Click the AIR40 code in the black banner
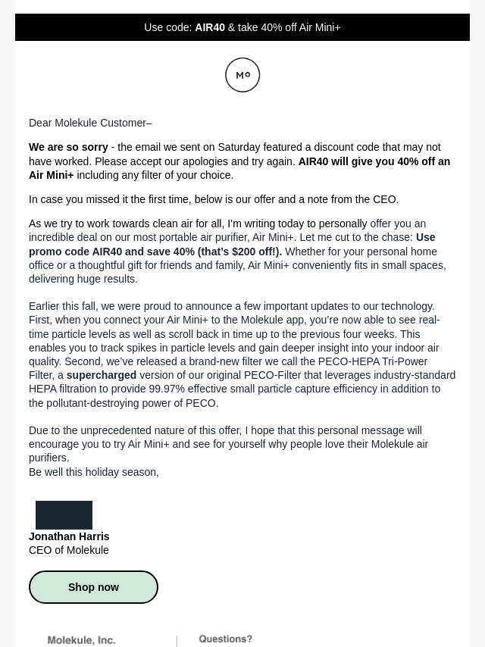[210, 27]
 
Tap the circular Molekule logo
[242, 75]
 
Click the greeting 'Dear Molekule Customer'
[89, 123]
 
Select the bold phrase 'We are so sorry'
[68, 147]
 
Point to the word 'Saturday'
[239, 147]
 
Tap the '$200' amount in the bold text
[245, 252]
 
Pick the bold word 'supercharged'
[101, 375]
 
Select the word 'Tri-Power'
[405, 361]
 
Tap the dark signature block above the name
[64, 515]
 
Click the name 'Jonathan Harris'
[69, 536]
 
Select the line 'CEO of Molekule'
[68, 550]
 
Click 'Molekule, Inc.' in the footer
[81, 640]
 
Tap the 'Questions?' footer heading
[225, 639]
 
